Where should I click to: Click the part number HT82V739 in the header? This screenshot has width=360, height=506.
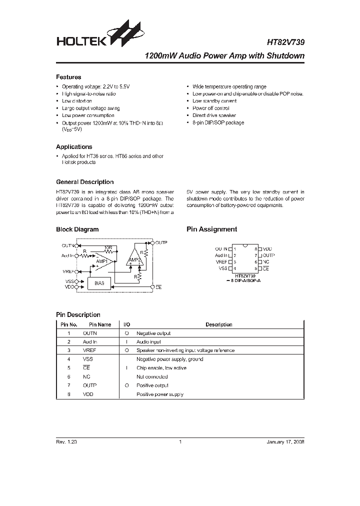click(x=283, y=43)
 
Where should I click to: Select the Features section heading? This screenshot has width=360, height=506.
click(x=68, y=77)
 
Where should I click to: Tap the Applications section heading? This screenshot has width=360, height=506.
click(x=74, y=147)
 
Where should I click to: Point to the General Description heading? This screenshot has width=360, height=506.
click(x=84, y=182)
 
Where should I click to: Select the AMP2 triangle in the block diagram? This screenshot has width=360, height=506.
click(x=134, y=259)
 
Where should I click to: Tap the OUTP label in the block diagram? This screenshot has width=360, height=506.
click(x=161, y=242)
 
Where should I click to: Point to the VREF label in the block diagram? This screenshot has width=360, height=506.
click(x=68, y=270)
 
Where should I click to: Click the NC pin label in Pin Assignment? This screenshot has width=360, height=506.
click(x=265, y=262)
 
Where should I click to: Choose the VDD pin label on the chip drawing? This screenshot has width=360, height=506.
click(x=267, y=248)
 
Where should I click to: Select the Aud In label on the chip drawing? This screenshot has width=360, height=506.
click(x=221, y=255)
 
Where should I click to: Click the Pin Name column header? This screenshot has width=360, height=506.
click(x=100, y=324)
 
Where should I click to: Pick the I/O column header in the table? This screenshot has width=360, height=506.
click(x=126, y=324)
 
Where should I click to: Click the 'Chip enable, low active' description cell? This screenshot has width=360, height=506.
click(x=161, y=368)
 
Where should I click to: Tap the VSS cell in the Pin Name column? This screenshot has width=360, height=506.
click(x=88, y=359)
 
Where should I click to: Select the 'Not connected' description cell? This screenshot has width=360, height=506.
click(x=152, y=376)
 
